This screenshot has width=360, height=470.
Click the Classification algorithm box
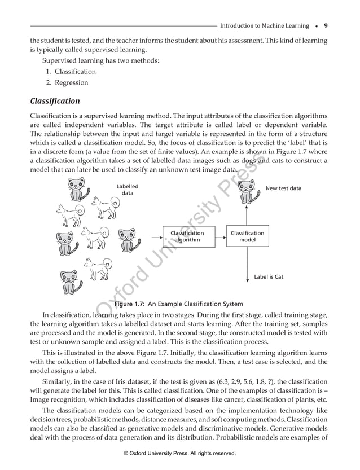187,236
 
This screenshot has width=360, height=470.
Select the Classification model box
247,236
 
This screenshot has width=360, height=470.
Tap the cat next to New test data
247,191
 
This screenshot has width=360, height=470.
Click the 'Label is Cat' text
269,277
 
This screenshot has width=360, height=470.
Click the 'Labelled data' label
128,190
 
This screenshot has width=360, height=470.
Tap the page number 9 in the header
326,25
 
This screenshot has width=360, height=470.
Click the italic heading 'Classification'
55,102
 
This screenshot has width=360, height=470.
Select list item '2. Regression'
67,82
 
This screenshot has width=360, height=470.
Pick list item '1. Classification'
71,72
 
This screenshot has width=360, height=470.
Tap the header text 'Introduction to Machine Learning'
264,26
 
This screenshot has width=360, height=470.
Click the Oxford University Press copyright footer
179,453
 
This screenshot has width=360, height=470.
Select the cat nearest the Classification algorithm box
130,239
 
